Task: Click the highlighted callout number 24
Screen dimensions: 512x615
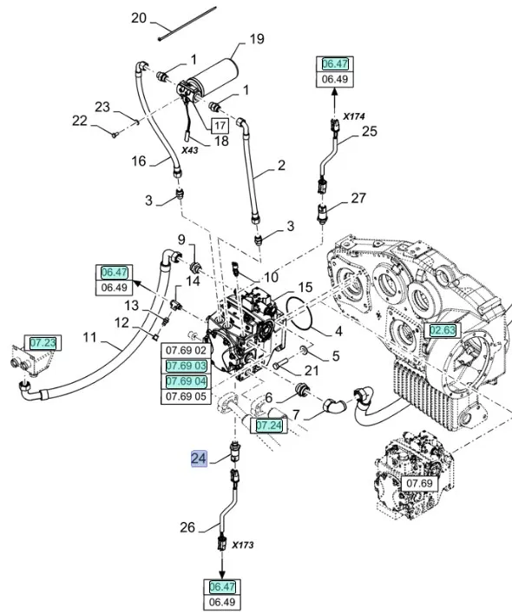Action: pos(199,459)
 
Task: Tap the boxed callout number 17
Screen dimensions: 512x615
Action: pos(220,125)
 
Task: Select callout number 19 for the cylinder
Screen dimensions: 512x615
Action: pos(257,39)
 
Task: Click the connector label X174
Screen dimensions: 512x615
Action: pos(354,116)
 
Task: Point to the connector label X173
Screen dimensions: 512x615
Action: pos(242,545)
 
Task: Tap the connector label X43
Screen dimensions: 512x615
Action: pos(189,150)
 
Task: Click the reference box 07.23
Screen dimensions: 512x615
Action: pos(43,343)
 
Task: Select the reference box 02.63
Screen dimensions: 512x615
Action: pos(443,331)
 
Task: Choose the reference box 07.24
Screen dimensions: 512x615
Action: pos(269,426)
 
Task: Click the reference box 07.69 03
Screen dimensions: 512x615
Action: pos(186,366)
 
